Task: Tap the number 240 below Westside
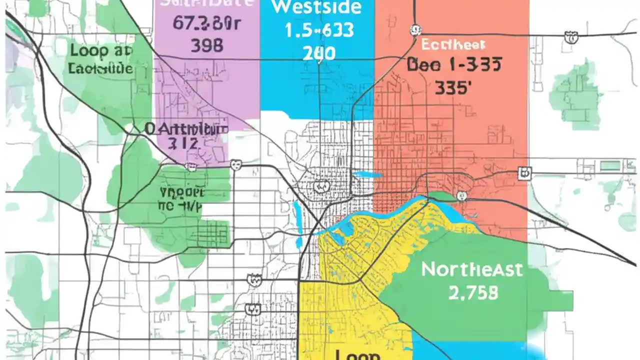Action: click(x=318, y=52)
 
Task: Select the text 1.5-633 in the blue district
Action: click(x=319, y=31)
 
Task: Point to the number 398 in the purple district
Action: click(x=207, y=46)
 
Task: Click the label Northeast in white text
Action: click(x=471, y=269)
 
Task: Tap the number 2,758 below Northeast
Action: click(x=472, y=292)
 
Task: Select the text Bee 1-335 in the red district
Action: click(x=454, y=64)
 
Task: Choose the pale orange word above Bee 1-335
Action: click(x=453, y=45)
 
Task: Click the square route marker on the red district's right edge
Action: click(x=524, y=173)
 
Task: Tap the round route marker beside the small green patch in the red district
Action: click(x=461, y=196)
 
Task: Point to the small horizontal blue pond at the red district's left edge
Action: click(x=367, y=175)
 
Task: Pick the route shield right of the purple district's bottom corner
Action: click(x=235, y=164)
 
